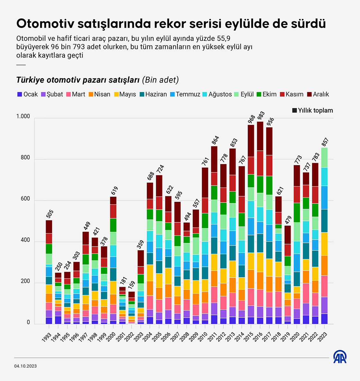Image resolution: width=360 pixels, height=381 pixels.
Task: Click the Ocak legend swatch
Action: click(19, 94)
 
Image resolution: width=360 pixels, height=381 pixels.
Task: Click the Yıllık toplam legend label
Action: click(315, 110)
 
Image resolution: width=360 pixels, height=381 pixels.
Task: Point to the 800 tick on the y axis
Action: click(24, 158)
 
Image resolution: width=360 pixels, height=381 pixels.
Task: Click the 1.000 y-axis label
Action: click(23, 116)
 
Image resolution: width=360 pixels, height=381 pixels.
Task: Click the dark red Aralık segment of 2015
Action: click(251, 141)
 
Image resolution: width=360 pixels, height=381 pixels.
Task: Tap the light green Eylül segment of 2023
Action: click(324, 157)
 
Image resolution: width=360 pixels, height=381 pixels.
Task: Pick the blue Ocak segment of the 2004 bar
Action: click(150, 320)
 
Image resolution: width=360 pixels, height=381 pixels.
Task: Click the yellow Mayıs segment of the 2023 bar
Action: click(324, 244)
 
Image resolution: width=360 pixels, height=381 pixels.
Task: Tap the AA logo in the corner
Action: click(340, 357)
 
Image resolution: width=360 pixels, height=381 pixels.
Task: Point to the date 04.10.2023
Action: click(25, 366)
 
